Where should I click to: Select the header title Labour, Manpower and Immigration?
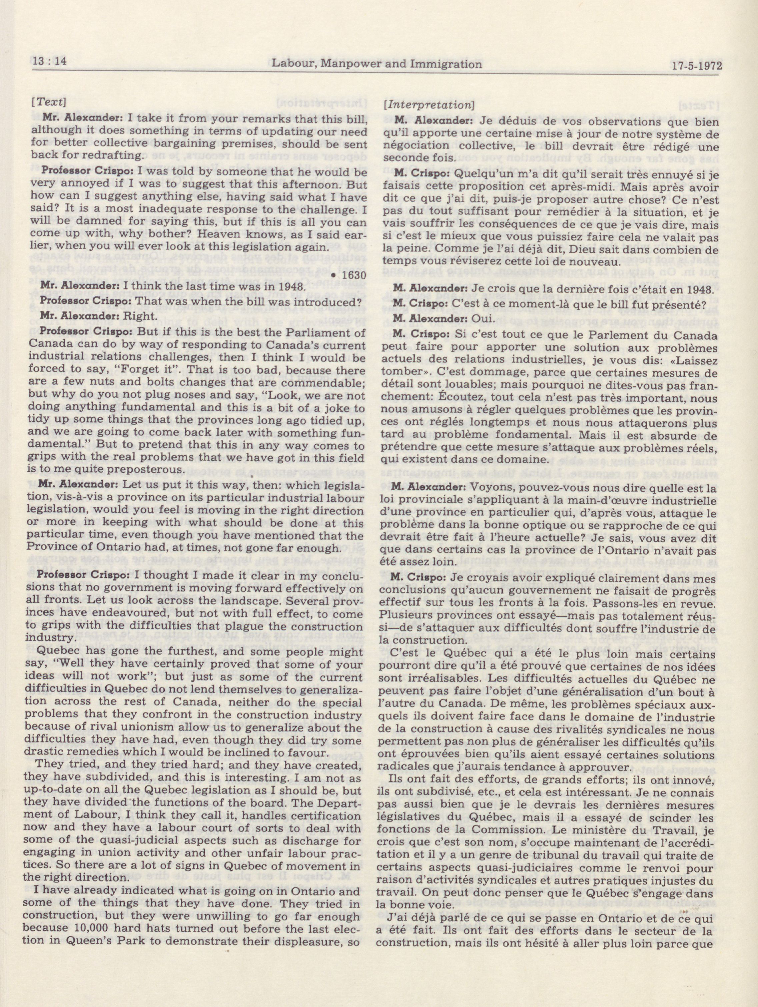[x=377, y=64]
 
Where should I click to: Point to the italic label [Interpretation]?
[x=429, y=105]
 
